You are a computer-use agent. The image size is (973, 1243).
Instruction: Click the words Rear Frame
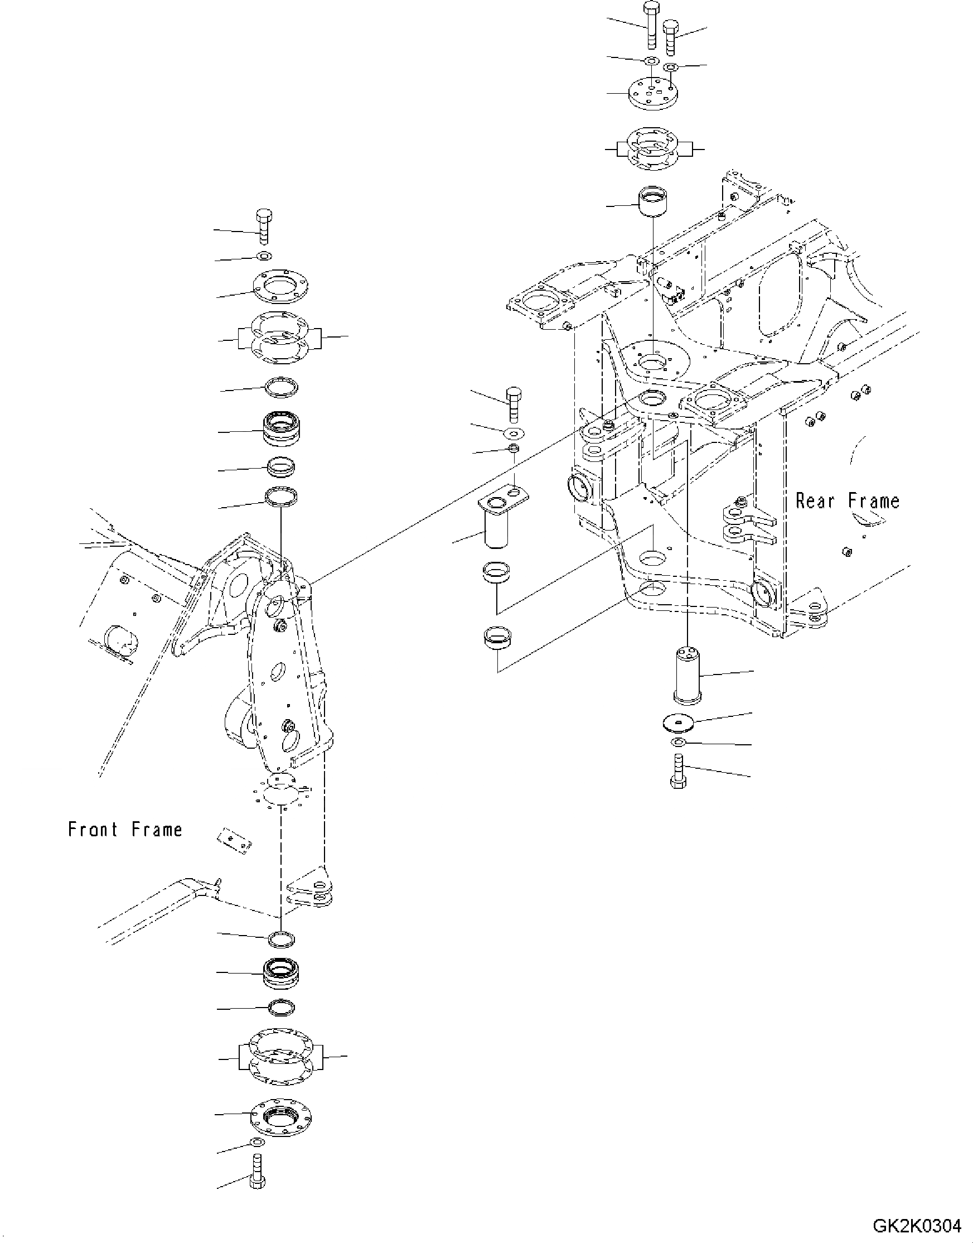point(847,501)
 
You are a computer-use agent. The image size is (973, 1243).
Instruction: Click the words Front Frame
point(125,829)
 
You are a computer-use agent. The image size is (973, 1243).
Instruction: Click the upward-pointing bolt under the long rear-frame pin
point(678,771)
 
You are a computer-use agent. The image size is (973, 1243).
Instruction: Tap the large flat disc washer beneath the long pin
point(678,723)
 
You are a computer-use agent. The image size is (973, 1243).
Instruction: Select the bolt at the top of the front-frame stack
point(264,227)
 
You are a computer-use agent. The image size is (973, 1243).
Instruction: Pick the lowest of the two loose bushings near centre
point(497,637)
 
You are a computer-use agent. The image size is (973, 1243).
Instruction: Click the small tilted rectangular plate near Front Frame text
point(234,841)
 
